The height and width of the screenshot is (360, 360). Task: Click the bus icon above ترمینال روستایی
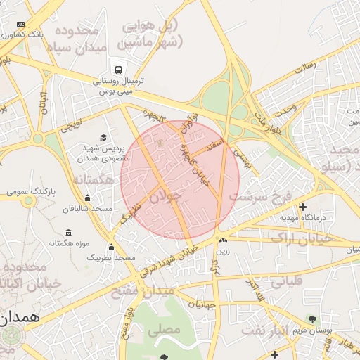[118, 70]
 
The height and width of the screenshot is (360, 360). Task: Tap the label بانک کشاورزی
[41, 34]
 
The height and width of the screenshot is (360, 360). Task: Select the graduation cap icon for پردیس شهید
[104, 138]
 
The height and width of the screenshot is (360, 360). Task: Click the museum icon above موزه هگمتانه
[68, 233]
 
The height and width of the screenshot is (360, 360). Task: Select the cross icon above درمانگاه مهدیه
[303, 207]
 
